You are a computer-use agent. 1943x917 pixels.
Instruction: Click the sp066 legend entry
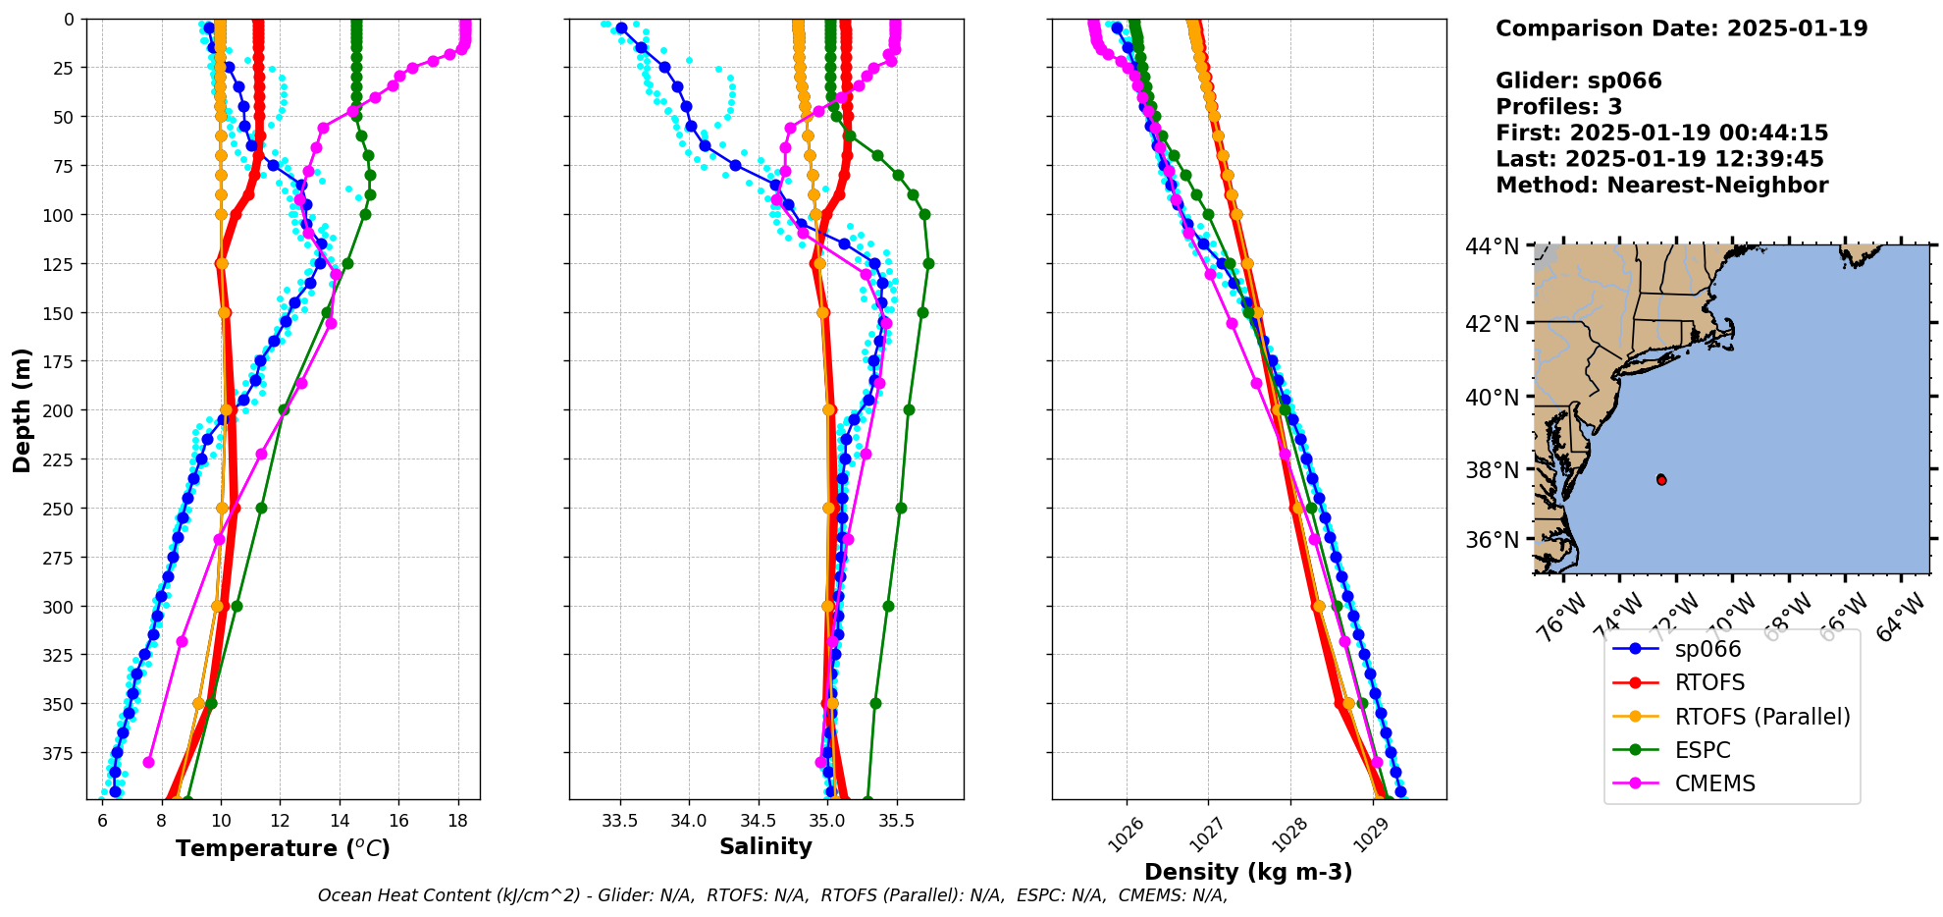click(x=1707, y=649)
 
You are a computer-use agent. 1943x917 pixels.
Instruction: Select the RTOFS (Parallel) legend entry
click(x=1762, y=717)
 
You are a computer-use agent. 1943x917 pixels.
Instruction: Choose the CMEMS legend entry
click(x=1714, y=783)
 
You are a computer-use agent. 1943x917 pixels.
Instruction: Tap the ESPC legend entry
click(x=1703, y=750)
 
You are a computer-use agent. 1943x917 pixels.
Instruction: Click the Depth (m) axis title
click(x=22, y=409)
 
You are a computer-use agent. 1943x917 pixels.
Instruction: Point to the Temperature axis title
click(x=283, y=848)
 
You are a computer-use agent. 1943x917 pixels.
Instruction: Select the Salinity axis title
click(x=765, y=847)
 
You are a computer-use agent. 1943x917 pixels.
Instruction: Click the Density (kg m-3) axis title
click(x=1248, y=872)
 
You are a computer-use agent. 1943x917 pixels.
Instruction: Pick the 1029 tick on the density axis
click(x=1370, y=835)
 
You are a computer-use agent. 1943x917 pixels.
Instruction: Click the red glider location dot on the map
click(x=1661, y=479)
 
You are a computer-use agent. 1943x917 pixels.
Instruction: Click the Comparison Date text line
click(x=1681, y=28)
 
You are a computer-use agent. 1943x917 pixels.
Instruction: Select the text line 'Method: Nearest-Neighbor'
click(x=1661, y=186)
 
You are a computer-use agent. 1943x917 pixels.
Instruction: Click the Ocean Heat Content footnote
click(x=772, y=895)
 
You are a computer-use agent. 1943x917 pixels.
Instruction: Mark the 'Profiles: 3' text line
click(x=1558, y=107)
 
